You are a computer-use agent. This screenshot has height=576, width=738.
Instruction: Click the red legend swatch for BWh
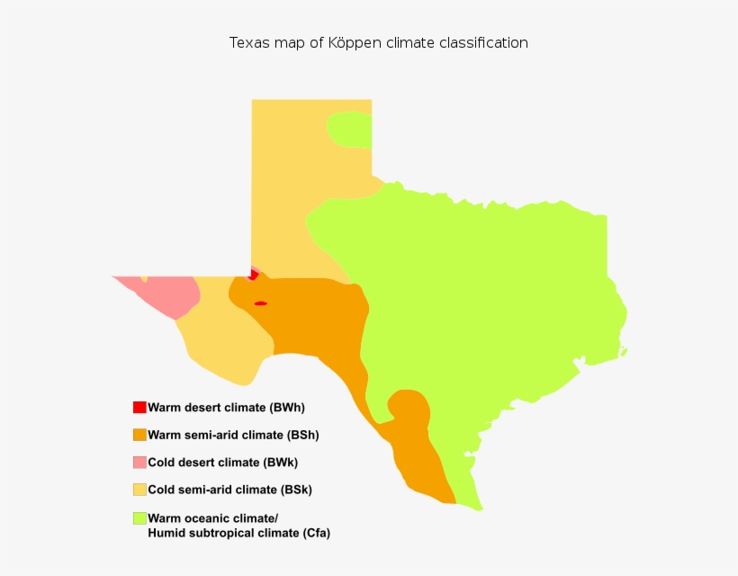(139, 408)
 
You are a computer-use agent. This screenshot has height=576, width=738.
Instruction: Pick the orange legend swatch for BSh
(139, 435)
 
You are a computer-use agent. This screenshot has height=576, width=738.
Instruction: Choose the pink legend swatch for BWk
(139, 463)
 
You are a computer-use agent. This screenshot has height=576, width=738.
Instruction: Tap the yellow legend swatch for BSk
(139, 490)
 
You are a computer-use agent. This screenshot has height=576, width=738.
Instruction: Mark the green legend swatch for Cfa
(139, 517)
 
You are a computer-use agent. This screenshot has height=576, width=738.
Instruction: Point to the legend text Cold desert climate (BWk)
(222, 463)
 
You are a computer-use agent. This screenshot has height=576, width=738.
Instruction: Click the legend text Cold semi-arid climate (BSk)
(229, 490)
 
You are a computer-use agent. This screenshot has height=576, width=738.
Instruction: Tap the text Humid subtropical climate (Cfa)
(238, 534)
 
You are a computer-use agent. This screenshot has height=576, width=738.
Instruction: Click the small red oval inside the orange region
(261, 303)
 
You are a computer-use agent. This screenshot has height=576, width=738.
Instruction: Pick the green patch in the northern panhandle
(351, 130)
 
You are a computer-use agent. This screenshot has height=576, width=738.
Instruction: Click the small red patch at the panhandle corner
(254, 274)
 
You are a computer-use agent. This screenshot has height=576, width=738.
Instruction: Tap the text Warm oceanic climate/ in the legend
(213, 518)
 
